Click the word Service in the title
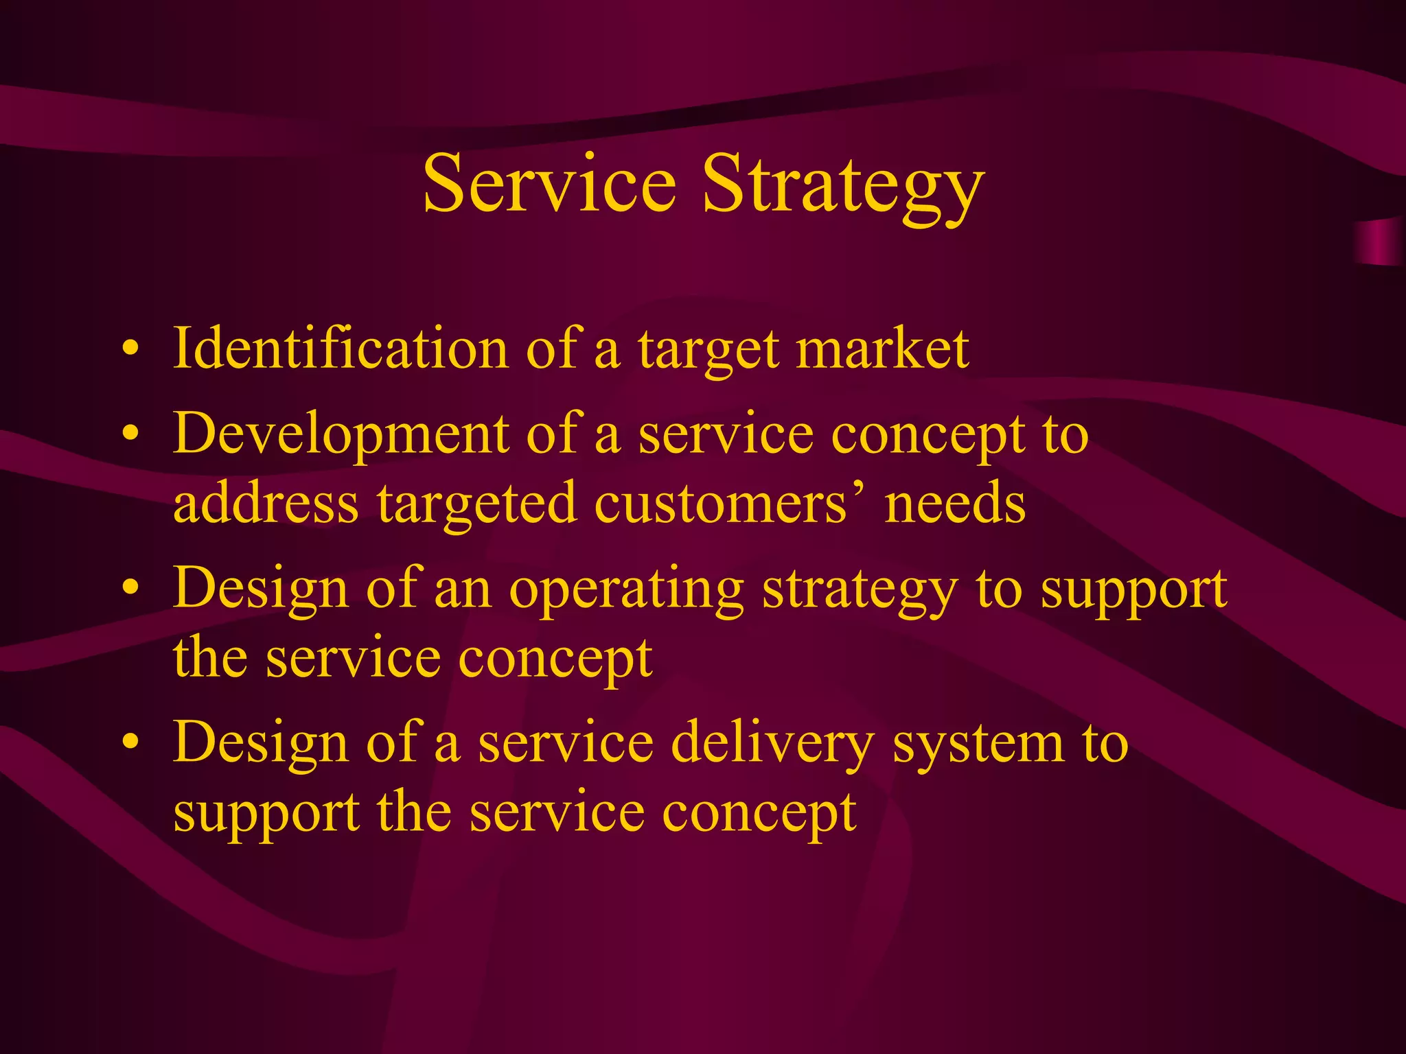[x=549, y=184]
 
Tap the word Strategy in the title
[x=843, y=187]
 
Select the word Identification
[x=341, y=349]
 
